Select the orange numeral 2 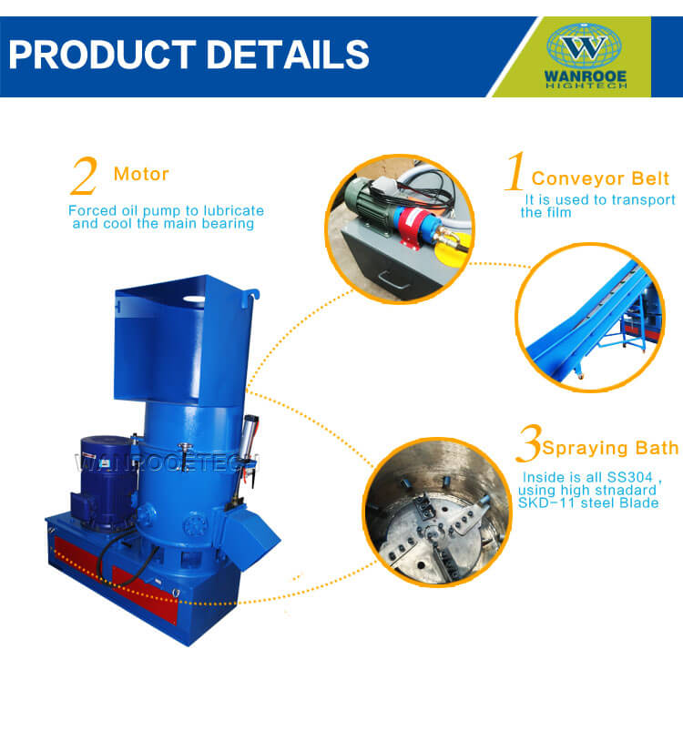pos(85,176)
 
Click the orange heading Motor pos(141,174)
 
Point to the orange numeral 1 pos(515,171)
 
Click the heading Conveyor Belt pos(600,178)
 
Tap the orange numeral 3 pos(529,443)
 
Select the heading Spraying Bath pos(611,448)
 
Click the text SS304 pos(630,477)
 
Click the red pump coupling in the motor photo pos(413,224)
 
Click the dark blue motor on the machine pos(107,481)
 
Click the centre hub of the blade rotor pos(433,531)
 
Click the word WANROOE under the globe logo pos(586,76)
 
